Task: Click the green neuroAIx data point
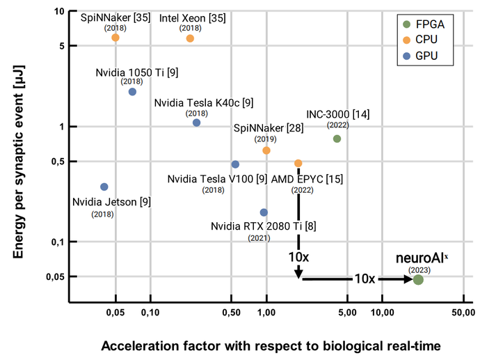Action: pos(418,279)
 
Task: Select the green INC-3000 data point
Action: pos(337,139)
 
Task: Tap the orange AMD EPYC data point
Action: pos(298,163)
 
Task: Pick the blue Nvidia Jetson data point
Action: pos(104,187)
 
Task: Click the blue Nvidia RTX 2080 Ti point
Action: pos(264,212)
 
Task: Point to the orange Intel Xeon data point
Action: pos(190,38)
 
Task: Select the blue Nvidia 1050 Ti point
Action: pos(132,92)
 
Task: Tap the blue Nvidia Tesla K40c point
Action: pos(196,123)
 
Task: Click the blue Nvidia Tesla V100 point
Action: pos(235,164)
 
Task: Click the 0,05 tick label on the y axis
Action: pos(54,276)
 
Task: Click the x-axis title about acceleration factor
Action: pos(271,346)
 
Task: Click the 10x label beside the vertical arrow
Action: pos(298,257)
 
